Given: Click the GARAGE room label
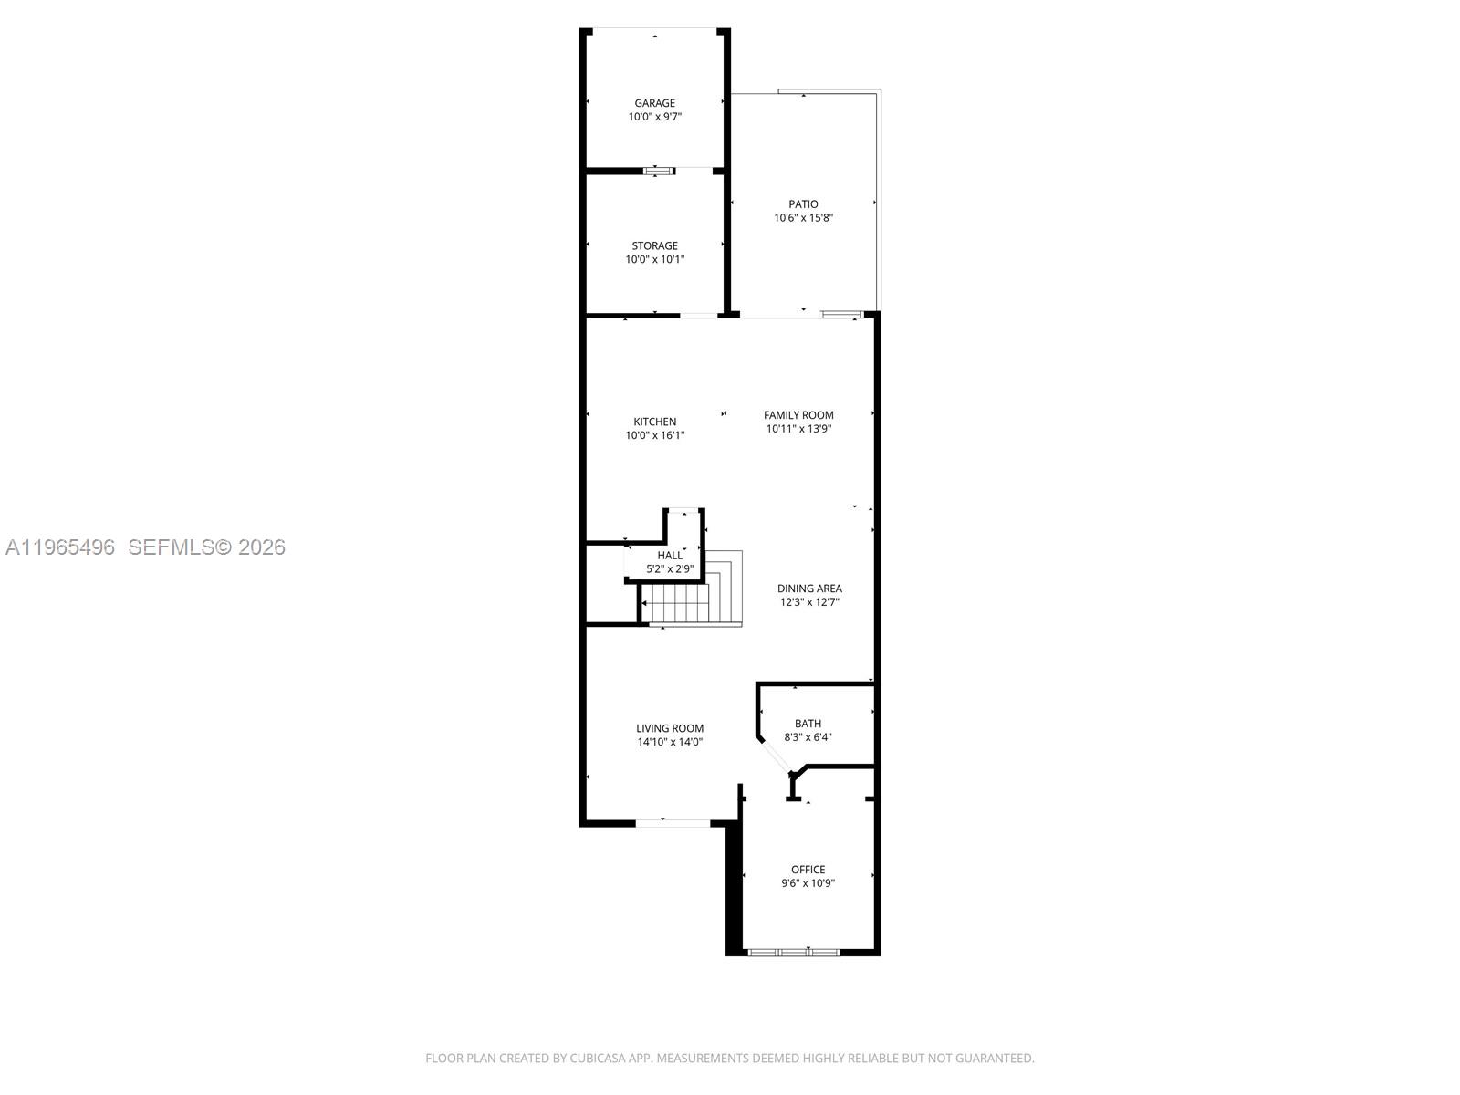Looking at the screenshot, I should (655, 103).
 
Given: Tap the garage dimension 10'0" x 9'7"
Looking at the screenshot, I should (655, 117).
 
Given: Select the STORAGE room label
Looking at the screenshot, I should (655, 245).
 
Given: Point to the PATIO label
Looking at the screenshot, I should (804, 204).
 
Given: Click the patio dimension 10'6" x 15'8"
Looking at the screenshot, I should (804, 218).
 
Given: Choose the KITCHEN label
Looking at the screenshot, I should (655, 422).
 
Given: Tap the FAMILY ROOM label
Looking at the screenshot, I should (798, 415).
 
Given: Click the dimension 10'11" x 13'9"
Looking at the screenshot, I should (798, 429).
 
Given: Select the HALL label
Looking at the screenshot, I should (670, 555).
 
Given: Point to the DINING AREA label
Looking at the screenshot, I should (809, 589).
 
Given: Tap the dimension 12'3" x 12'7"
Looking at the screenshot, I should (809, 602).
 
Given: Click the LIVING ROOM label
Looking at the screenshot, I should (670, 728).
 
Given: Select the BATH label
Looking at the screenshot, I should (808, 724).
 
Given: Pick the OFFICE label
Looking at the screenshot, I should (808, 870).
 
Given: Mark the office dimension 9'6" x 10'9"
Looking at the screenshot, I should (808, 883).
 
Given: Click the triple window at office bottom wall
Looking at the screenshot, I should (794, 953).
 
